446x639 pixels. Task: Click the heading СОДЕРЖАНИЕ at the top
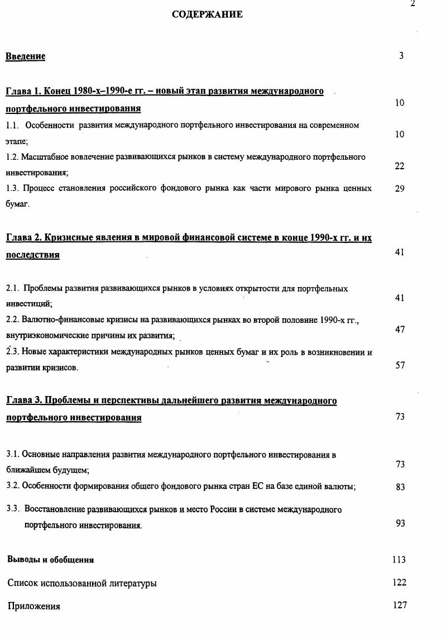click(x=207, y=15)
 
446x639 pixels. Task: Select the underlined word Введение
click(x=26, y=56)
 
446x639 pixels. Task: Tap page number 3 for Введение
click(x=401, y=55)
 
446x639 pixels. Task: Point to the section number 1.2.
click(x=12, y=157)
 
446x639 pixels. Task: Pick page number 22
click(x=400, y=166)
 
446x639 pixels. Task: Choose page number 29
click(x=400, y=189)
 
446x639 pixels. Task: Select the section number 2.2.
click(x=12, y=320)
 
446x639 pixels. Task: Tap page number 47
click(x=400, y=330)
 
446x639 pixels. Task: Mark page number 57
click(x=400, y=365)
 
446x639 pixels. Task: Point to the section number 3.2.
click(x=12, y=486)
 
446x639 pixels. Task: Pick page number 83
click(x=400, y=487)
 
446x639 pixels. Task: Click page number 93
click(x=400, y=523)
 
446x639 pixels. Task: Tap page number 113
click(x=399, y=560)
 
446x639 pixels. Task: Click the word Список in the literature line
click(x=23, y=583)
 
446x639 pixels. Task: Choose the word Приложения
click(x=34, y=606)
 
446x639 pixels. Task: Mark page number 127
click(x=399, y=605)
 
